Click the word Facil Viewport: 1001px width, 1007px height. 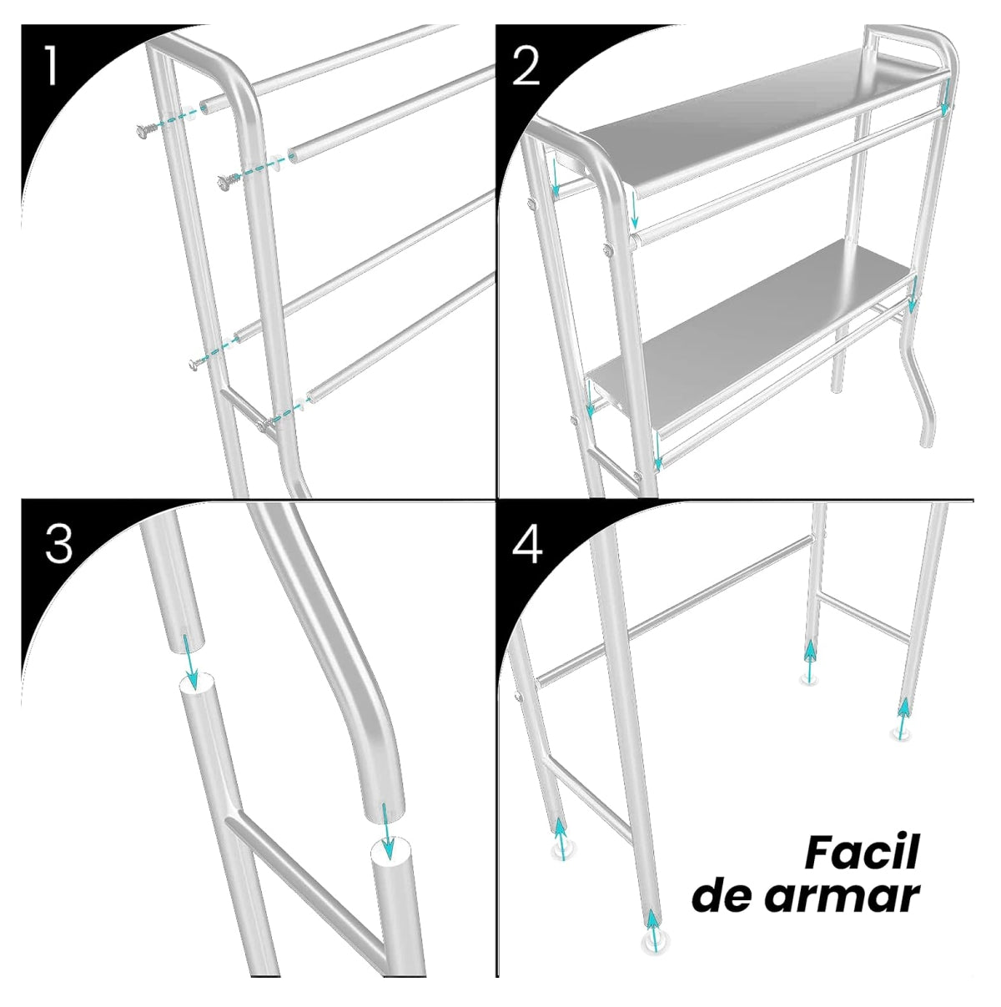tap(862, 852)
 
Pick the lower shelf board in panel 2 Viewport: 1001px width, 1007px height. tap(751, 334)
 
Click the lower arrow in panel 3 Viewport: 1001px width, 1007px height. tap(386, 831)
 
